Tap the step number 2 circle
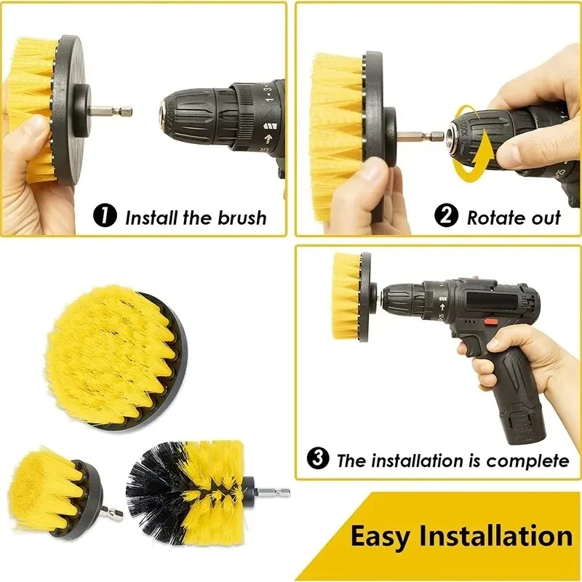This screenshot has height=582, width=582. [446, 216]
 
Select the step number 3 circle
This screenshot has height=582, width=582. [319, 459]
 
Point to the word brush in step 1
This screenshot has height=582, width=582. [242, 217]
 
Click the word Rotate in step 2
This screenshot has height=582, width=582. [495, 217]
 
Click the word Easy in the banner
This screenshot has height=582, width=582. [380, 536]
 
